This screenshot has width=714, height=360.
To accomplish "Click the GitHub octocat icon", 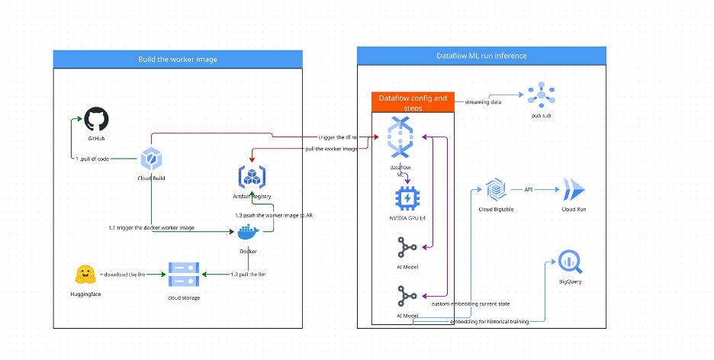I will [96, 121].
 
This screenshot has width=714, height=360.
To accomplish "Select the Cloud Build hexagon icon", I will [151, 159].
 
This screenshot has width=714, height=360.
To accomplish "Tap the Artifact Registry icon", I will [252, 178].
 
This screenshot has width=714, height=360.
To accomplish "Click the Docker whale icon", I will [249, 233].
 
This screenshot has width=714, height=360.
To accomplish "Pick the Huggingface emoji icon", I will [85, 275].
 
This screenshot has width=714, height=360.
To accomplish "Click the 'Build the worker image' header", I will [177, 59].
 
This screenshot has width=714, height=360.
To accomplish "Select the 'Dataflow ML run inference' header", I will [481, 56].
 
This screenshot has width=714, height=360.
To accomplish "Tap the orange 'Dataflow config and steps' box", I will [413, 103].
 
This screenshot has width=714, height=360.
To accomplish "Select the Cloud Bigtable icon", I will [495, 189].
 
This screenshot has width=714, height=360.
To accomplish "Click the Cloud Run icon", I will [573, 190].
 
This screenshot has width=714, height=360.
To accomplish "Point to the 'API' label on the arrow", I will [529, 189].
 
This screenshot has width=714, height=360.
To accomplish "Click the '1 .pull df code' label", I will [95, 159].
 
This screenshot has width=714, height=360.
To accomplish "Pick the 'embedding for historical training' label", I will [490, 321].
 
